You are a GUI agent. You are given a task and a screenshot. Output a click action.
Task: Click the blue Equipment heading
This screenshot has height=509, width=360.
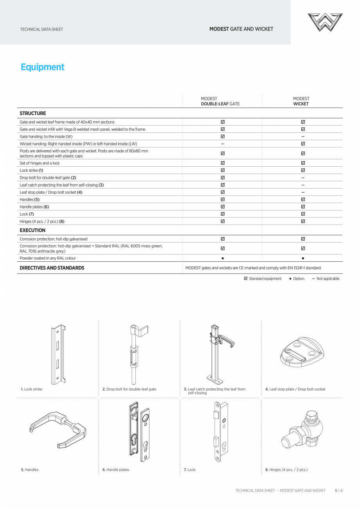42,67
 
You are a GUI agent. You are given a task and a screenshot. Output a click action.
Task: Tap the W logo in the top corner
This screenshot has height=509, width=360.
325,22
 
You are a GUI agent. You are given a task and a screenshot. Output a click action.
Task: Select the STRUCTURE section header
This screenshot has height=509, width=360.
33,113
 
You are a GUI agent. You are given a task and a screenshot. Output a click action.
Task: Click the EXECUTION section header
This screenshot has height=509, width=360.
32,230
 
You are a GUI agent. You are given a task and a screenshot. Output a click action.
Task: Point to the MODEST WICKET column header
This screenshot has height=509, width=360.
301,101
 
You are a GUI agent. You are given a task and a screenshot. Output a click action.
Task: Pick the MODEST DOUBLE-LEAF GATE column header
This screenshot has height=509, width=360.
220,101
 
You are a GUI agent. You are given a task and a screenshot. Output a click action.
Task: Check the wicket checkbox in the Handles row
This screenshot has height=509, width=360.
303,200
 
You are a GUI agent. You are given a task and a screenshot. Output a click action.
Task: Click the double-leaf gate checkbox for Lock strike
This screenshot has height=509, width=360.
223,171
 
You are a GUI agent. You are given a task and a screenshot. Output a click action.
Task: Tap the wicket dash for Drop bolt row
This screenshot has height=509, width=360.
303,178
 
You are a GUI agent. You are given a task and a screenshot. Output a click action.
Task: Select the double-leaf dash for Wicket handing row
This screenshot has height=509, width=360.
223,144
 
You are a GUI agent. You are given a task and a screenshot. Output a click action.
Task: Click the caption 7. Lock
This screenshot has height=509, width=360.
189,470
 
